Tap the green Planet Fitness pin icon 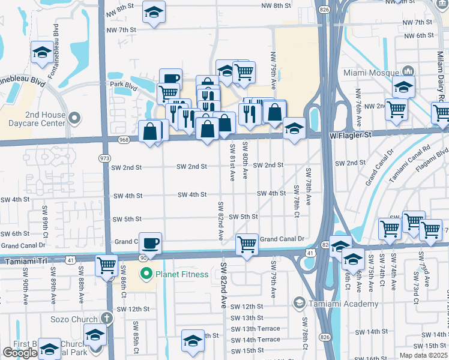pyautogui.click(x=145, y=275)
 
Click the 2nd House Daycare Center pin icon pyautogui.click(x=74, y=117)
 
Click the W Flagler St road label pyautogui.click(x=351, y=135)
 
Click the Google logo pyautogui.click(x=20, y=353)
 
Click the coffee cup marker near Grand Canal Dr pyautogui.click(x=150, y=243)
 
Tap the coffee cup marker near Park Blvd pyautogui.click(x=170, y=79)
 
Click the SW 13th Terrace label pyautogui.click(x=256, y=329)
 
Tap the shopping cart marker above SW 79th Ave pyautogui.click(x=247, y=244)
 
